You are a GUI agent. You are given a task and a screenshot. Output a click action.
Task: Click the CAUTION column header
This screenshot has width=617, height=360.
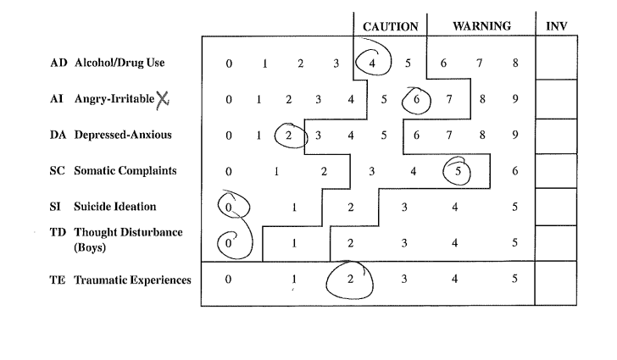pos(391,27)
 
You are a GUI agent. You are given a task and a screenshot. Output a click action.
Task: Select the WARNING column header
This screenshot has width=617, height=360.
pos(481,26)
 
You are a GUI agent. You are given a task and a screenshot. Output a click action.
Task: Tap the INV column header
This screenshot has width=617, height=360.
pos(556,26)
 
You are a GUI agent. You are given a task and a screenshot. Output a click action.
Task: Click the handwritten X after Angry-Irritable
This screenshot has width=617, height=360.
pos(163,100)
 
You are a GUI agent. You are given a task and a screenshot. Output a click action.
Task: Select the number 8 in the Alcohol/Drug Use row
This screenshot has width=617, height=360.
pos(515,63)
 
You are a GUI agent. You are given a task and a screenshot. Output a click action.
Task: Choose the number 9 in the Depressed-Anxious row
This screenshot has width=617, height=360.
pos(515,135)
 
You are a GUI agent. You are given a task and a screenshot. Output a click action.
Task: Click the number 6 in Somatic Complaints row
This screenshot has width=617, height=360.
pos(515,171)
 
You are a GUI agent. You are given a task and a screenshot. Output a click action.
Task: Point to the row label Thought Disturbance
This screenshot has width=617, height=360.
pos(128,232)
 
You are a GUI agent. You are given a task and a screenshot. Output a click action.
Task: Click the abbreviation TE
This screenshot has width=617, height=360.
pos(57,280)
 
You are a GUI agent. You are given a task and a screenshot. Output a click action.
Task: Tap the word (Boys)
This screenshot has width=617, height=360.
pos(90,247)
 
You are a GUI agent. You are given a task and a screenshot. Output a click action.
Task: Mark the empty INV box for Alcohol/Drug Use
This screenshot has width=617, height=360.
pos(556,58)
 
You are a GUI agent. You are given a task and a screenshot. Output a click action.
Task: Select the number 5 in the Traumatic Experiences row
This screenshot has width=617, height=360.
pos(514,279)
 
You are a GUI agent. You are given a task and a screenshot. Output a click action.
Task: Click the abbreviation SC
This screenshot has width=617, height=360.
pos(58,171)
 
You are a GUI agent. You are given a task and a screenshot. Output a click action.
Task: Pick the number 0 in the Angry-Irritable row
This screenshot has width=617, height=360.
pos(229,100)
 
